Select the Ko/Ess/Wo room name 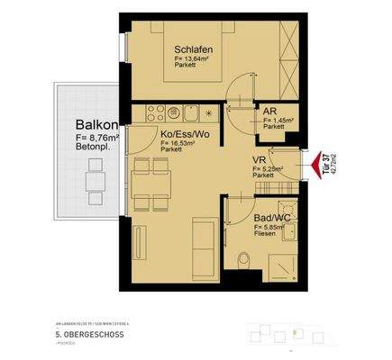(187, 132)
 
